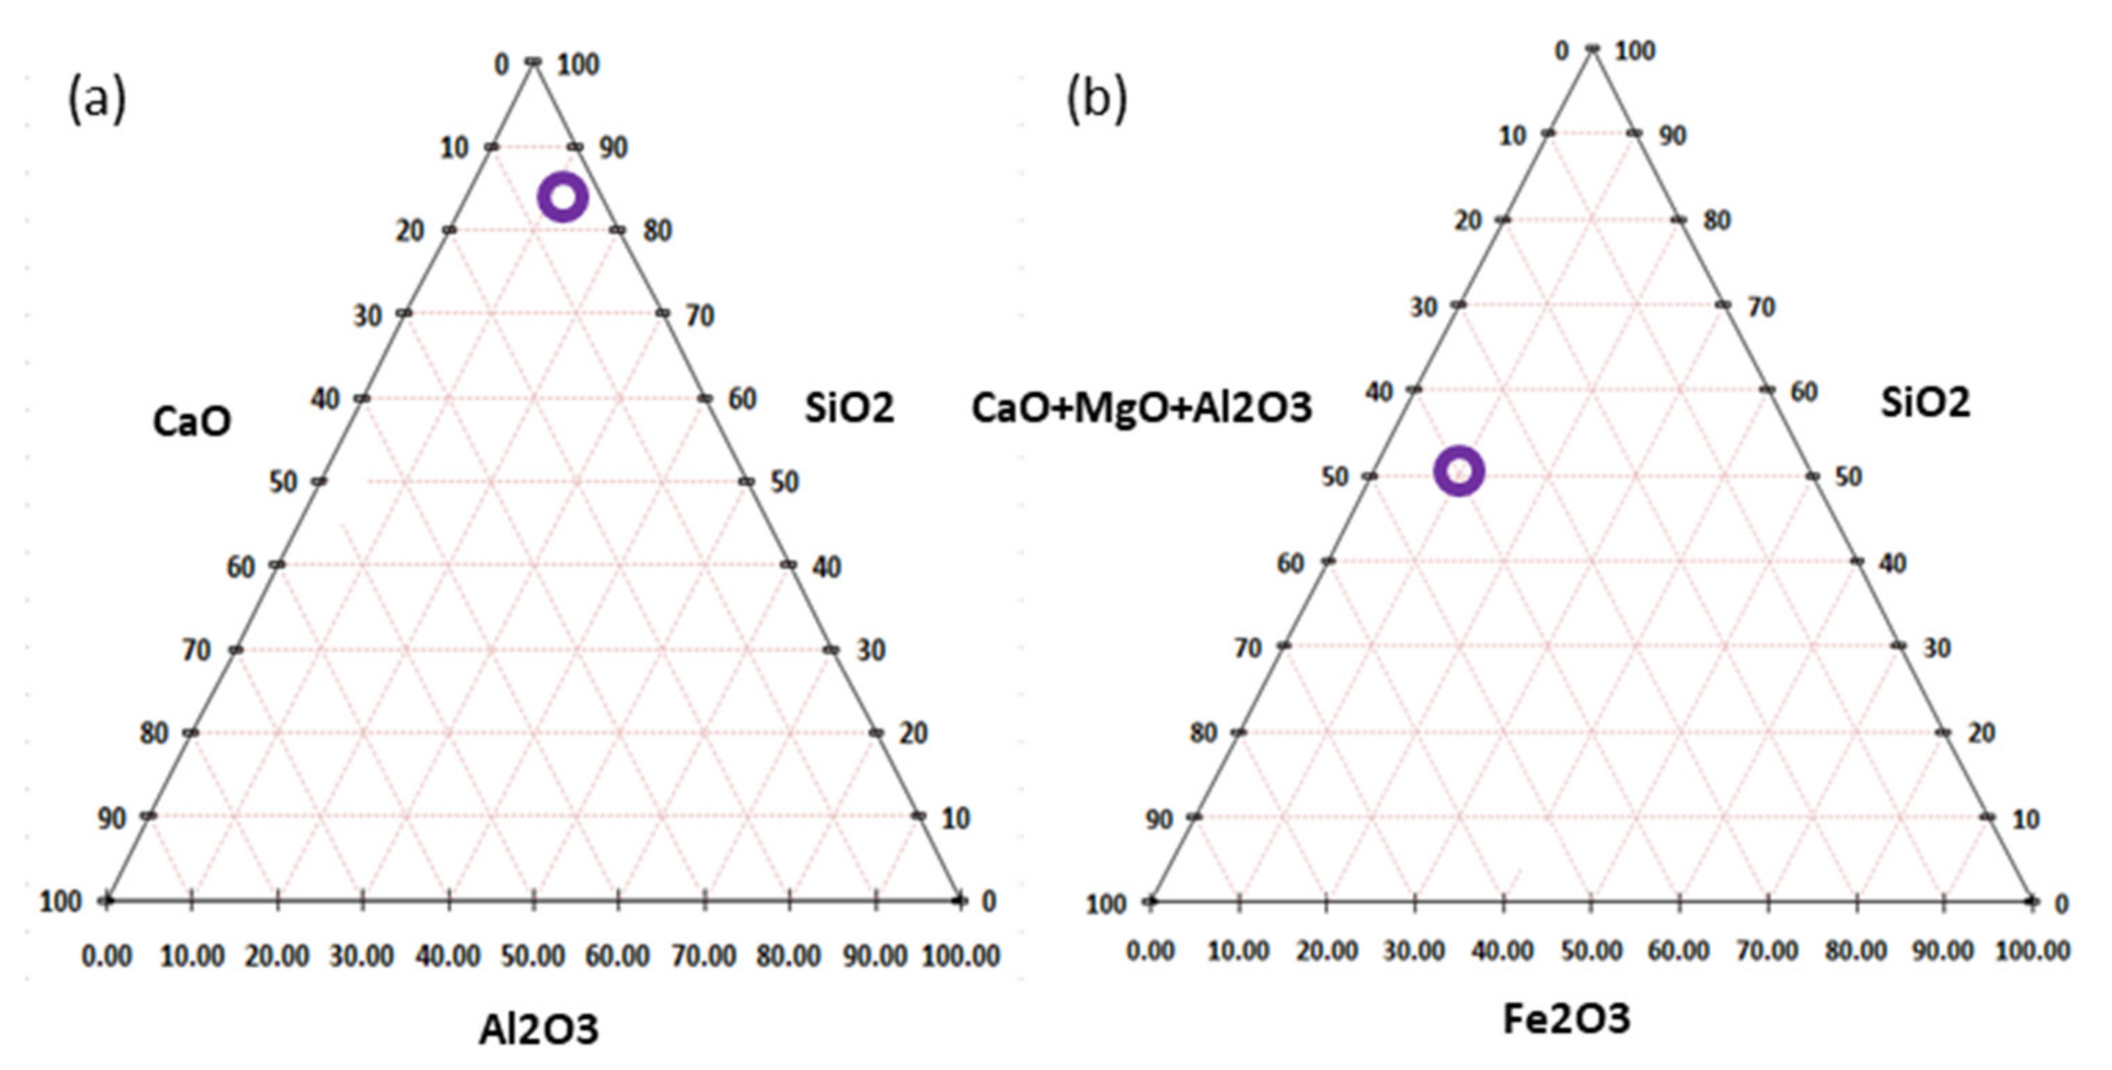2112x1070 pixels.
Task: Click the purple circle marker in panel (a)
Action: tap(563, 197)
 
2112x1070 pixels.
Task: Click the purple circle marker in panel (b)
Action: tap(1459, 471)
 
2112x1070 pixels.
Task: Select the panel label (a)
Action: tap(97, 99)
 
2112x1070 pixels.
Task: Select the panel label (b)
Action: tap(1096, 99)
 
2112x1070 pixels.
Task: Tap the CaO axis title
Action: tap(192, 422)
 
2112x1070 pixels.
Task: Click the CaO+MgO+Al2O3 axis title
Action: tap(1141, 407)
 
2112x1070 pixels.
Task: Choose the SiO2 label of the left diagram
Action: tap(850, 407)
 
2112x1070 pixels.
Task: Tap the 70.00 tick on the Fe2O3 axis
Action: tap(1768, 951)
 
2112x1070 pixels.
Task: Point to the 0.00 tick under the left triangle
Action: tap(107, 956)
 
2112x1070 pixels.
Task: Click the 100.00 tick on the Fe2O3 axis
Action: tap(2033, 951)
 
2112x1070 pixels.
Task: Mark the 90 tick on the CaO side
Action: tap(113, 818)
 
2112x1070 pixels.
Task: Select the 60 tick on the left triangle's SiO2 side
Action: tap(743, 399)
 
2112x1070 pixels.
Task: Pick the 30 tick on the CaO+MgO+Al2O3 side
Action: tap(1424, 307)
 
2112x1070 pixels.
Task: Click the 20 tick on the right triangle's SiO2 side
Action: tap(1982, 733)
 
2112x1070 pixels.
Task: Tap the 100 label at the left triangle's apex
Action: tap(579, 64)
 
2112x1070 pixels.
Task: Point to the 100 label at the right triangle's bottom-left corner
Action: tap(1105, 905)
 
